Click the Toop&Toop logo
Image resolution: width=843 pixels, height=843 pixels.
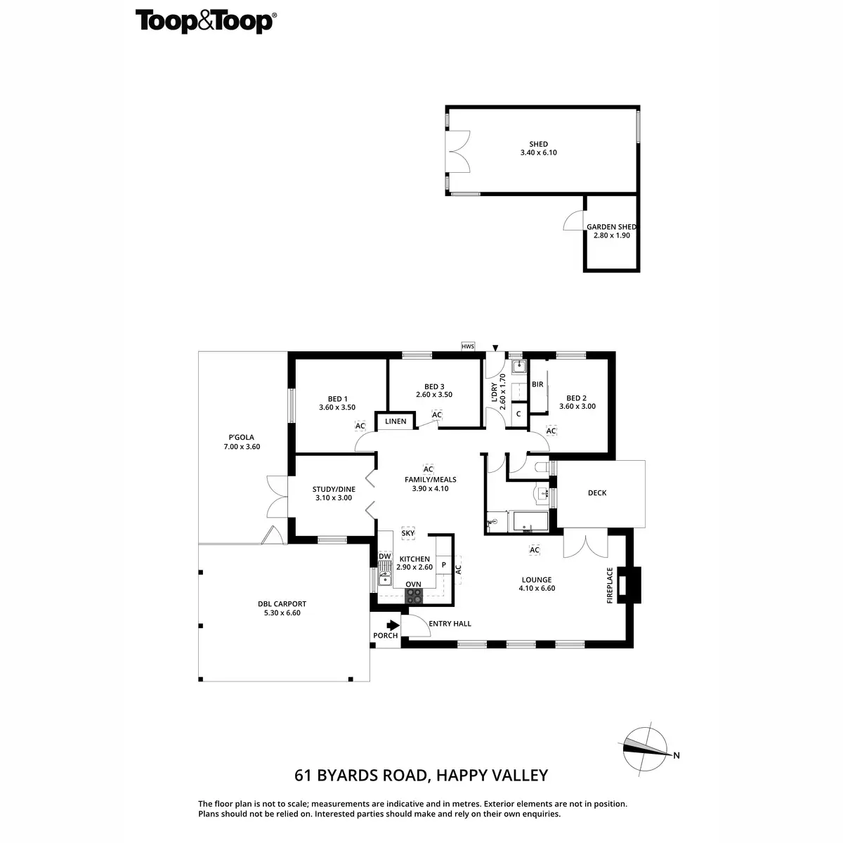204,21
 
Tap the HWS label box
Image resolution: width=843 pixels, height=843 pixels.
468,346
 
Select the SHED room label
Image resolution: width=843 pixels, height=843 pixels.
539,144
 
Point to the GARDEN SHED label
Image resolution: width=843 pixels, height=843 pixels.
611,227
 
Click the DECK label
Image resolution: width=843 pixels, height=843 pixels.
597,492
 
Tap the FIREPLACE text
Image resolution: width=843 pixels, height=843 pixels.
610,585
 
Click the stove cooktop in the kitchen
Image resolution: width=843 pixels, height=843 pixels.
414,596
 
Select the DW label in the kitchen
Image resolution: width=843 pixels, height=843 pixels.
384,556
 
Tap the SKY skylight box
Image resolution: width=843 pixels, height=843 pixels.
408,533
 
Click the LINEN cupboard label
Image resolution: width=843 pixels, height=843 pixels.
396,421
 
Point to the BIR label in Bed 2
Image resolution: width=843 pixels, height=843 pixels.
538,384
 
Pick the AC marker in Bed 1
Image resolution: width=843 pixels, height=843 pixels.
360,426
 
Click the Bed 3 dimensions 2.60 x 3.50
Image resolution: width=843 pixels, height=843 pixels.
434,395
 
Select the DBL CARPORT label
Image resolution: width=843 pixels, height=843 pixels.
281,603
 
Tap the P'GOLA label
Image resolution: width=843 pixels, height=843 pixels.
241,437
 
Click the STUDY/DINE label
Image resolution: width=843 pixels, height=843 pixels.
334,489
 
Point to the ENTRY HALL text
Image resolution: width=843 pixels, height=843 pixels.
450,623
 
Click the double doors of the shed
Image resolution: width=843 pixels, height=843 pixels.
459,152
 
